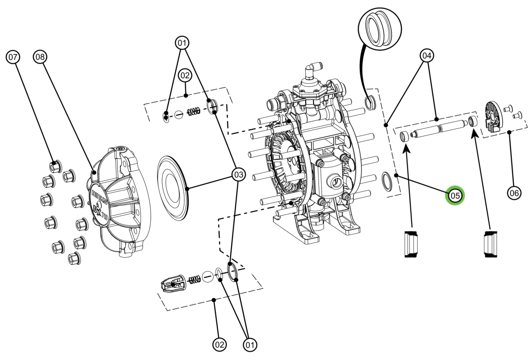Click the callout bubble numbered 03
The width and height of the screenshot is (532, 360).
click(238, 175)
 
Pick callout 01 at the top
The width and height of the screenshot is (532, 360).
click(182, 43)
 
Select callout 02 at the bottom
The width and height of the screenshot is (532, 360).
click(220, 344)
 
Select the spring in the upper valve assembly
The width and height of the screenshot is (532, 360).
click(193, 112)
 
